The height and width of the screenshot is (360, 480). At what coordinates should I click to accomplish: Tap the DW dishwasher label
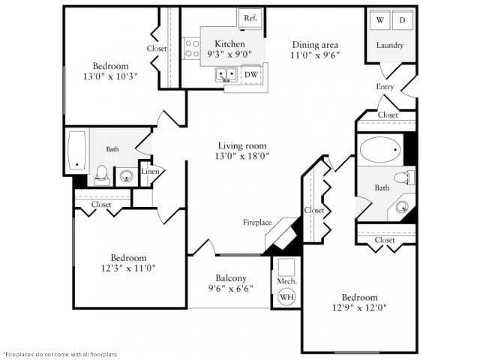[x=250, y=74]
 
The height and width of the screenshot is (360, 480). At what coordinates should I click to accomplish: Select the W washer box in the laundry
[x=380, y=20]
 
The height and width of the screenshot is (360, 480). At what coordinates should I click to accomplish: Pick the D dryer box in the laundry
[x=402, y=20]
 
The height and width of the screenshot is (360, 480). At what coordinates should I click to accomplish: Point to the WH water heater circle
[x=286, y=297]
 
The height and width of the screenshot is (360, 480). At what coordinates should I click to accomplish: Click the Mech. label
[x=286, y=281]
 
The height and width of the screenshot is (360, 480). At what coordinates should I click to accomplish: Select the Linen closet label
[x=148, y=172]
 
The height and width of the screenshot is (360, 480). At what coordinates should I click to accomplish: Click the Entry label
[x=385, y=87]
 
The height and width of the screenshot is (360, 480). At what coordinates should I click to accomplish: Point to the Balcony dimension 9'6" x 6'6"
[x=230, y=288]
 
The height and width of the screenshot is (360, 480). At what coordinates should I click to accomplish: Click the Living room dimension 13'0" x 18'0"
[x=242, y=156]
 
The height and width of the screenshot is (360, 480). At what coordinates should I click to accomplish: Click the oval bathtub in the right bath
[x=380, y=150]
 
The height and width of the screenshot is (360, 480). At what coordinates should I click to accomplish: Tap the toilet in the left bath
[x=103, y=174]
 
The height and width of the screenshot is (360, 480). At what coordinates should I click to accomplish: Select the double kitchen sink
[x=227, y=74]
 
